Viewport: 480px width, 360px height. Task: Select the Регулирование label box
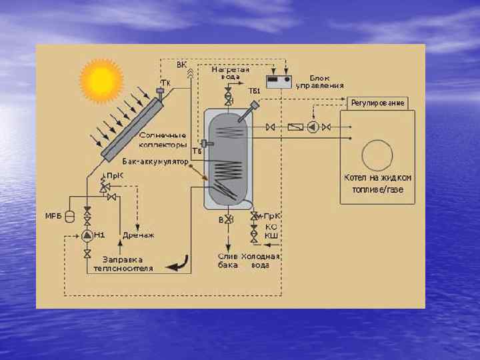pos(377,103)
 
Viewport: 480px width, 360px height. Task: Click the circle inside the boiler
pos(377,155)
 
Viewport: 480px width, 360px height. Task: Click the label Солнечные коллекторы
pos(163,140)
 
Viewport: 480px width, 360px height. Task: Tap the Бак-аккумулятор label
pos(156,161)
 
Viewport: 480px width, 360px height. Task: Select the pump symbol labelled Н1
pos(87,235)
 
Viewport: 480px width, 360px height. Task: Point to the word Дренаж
pos(139,235)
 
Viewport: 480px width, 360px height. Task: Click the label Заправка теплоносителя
pos(127,264)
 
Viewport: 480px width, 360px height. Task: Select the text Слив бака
pos(228,261)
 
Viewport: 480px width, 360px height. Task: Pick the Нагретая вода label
pos(231,73)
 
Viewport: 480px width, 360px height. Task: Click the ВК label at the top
pos(181,65)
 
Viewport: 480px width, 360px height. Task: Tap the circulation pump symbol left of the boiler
pos(313,127)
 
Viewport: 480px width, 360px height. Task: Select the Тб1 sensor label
pos(254,91)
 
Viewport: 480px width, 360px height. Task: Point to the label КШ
pos(271,235)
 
